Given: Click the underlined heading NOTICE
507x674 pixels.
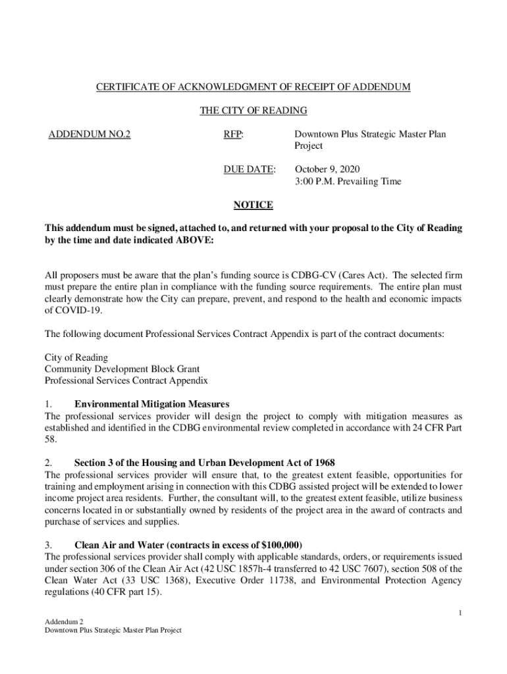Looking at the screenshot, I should point(254,205).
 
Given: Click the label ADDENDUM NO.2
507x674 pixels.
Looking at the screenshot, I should point(90,134).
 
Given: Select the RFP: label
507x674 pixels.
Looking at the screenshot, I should point(233,134).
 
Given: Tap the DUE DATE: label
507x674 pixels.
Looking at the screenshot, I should point(249,169).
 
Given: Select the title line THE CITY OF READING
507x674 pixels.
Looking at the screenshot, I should point(254,111).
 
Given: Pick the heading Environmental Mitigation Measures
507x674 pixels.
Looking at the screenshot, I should point(152,404).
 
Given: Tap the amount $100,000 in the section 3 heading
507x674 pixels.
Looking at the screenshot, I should point(280,545).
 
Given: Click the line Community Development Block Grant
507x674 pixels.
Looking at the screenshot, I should point(122,369).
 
